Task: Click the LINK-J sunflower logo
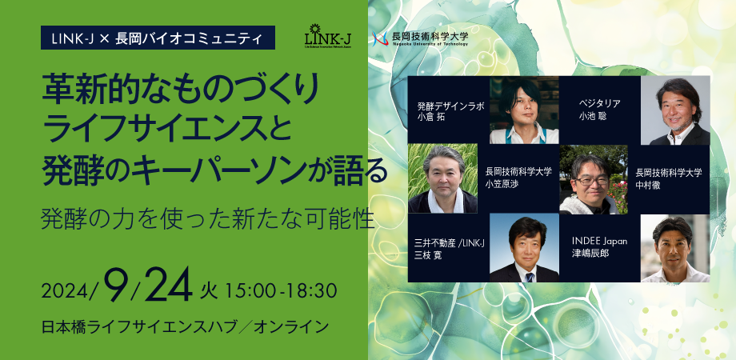(x=329, y=36)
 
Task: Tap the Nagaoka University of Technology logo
(x=420, y=38)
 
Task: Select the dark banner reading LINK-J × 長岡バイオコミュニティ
(x=158, y=38)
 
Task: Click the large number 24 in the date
(x=169, y=285)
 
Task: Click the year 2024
(x=66, y=292)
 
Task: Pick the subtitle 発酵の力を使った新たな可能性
(x=207, y=218)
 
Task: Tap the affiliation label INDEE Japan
(x=599, y=242)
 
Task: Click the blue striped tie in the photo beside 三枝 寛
(x=529, y=277)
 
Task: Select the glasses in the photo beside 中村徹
(x=592, y=180)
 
